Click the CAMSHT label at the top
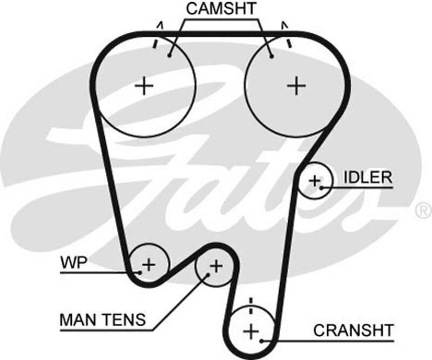pyautogui.click(x=221, y=9)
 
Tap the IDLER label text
pyautogui.click(x=367, y=178)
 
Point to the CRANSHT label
pyautogui.click(x=354, y=330)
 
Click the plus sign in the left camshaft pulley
pyautogui.click(x=144, y=86)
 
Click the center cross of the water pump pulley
pyautogui.click(x=148, y=264)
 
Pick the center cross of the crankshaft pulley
pyautogui.click(x=251, y=330)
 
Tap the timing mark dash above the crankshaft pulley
pyautogui.click(x=250, y=302)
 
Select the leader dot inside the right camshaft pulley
pyautogui.click(x=272, y=55)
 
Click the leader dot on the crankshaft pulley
pyautogui.click(x=262, y=340)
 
